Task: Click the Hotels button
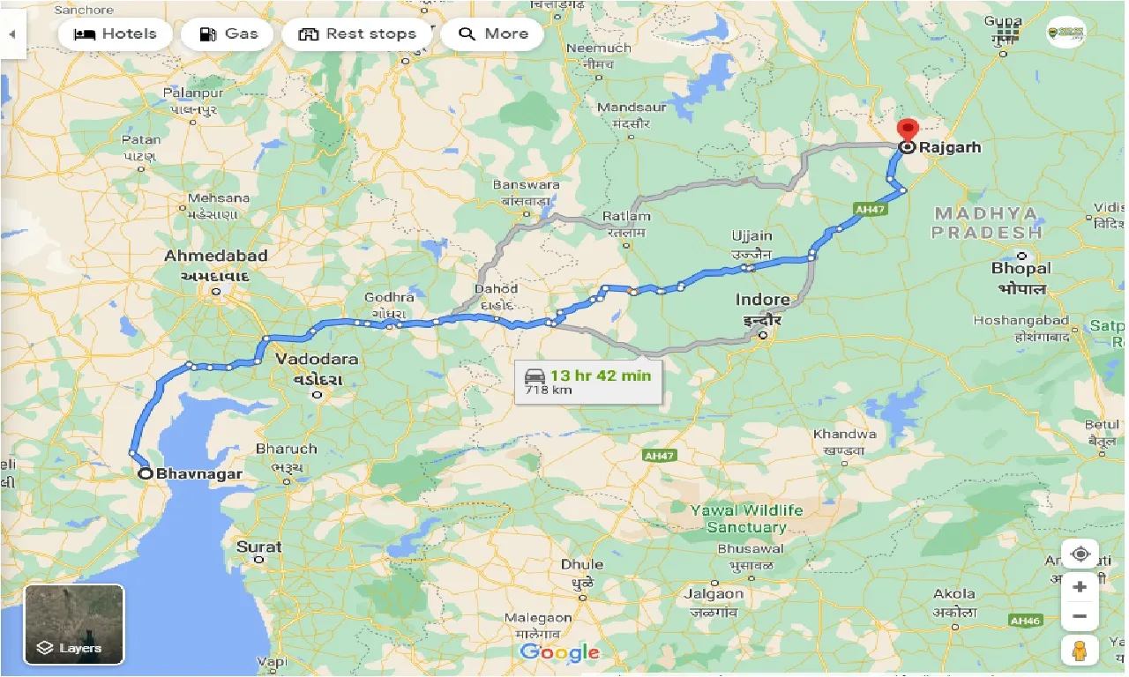point(116,34)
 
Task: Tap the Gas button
point(228,34)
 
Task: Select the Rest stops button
point(357,34)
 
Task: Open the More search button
point(494,34)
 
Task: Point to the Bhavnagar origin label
point(199,473)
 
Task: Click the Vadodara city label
point(317,360)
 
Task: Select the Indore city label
point(763,300)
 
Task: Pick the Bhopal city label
point(1021,268)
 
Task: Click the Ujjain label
point(751,236)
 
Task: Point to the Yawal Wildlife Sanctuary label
point(746,518)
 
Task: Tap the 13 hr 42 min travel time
point(601,376)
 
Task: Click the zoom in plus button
point(1080,587)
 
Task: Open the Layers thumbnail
point(74,624)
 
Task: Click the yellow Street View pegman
point(1080,651)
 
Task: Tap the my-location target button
point(1080,554)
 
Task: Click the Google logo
point(559,652)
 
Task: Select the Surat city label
point(259,547)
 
